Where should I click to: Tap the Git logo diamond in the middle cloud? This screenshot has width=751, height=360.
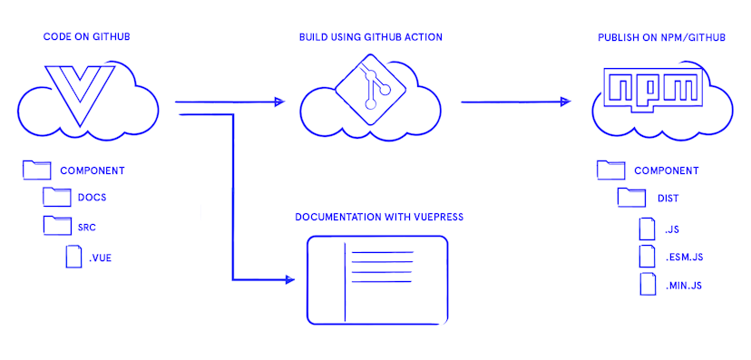coord(371,89)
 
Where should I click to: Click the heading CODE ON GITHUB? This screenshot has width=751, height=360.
coord(87,37)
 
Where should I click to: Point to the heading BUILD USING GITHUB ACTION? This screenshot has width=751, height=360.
coord(371,37)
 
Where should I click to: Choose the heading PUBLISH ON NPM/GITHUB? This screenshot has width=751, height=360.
coord(661,37)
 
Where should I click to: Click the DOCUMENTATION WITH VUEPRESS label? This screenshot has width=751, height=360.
coord(379,217)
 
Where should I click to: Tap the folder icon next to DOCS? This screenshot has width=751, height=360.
coord(57,197)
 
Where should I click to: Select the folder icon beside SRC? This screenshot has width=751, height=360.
coord(57,226)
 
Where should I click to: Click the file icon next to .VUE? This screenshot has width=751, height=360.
coord(73,256)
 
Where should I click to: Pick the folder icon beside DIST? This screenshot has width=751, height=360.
coord(631,198)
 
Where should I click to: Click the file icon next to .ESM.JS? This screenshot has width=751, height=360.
coord(647,256)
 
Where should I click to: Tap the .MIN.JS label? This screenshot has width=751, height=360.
coord(684,286)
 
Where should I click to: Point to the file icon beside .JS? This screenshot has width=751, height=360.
coord(647,229)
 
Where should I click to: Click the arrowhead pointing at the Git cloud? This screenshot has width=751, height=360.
coord(279,102)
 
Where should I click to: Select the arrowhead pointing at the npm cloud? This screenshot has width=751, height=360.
coord(565,102)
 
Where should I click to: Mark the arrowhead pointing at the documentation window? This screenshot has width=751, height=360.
coord(289,279)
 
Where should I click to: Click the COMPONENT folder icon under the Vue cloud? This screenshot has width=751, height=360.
coord(36,170)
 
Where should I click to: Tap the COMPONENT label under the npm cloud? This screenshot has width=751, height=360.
coord(667,170)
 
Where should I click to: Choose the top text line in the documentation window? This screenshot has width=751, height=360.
coord(382,252)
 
